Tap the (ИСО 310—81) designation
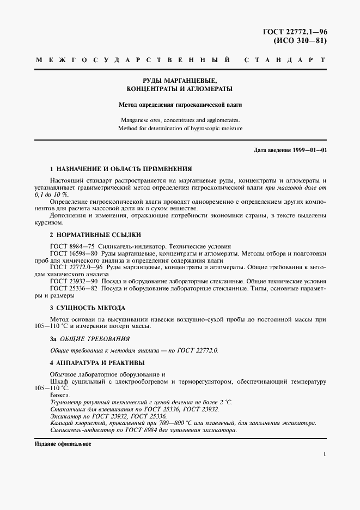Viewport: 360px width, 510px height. [x=299, y=41]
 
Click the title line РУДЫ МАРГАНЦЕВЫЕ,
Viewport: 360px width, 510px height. [x=179, y=79]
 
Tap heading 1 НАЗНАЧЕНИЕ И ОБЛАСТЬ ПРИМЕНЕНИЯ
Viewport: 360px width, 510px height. [x=120, y=169]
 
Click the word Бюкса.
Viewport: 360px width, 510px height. [x=60, y=394]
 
